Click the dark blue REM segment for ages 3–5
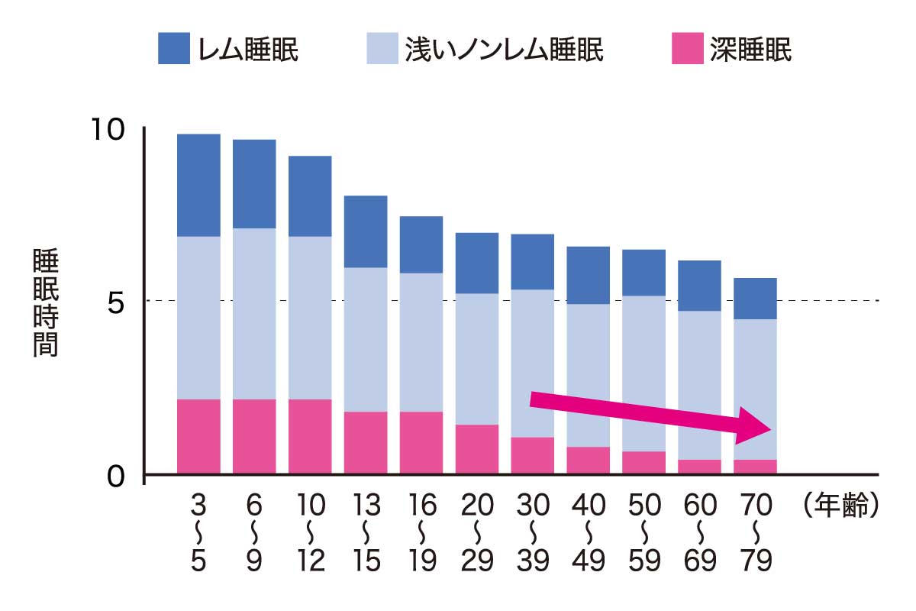(x=198, y=185)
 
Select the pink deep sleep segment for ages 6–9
(x=254, y=436)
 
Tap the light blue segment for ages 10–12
(x=310, y=317)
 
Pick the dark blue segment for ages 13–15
(x=366, y=231)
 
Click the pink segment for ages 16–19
(x=421, y=443)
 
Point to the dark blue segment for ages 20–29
(x=477, y=263)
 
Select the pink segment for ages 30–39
(x=533, y=455)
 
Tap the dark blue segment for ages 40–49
(x=589, y=275)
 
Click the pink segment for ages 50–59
(x=644, y=463)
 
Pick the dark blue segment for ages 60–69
(x=700, y=286)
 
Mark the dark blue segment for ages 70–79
(x=756, y=299)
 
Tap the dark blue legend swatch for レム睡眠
(x=173, y=49)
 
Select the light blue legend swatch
(x=383, y=49)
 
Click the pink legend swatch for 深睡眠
(x=688, y=49)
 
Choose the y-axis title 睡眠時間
(x=46, y=302)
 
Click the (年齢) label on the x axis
(x=837, y=506)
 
